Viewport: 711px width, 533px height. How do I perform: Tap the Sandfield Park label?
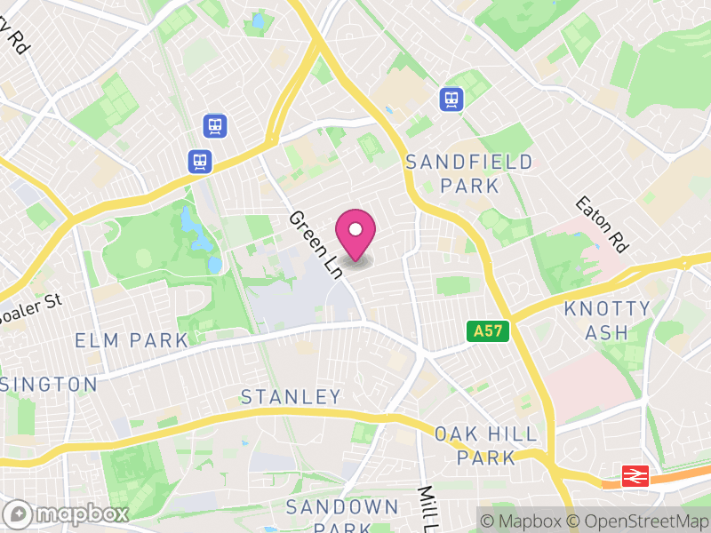(x=469, y=174)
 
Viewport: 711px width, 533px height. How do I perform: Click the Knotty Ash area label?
(x=608, y=321)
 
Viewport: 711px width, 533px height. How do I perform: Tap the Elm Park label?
(x=132, y=340)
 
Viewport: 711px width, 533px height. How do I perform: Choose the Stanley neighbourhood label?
(x=291, y=396)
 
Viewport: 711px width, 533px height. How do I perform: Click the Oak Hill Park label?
(x=486, y=446)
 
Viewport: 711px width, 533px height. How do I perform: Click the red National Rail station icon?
(x=635, y=476)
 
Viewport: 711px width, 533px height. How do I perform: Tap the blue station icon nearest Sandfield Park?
(x=451, y=99)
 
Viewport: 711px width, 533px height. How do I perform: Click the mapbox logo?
(x=68, y=513)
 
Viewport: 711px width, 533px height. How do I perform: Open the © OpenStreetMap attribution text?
(x=640, y=521)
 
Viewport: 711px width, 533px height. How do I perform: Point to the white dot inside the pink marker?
(x=355, y=229)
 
